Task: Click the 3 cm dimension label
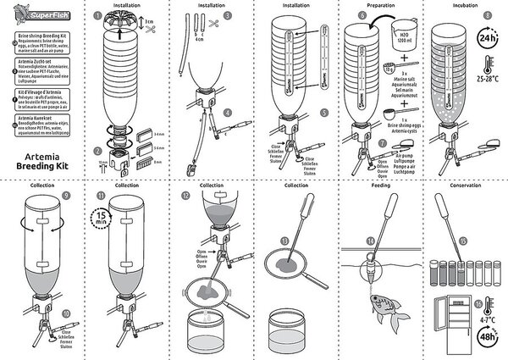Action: [x=149, y=20]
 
